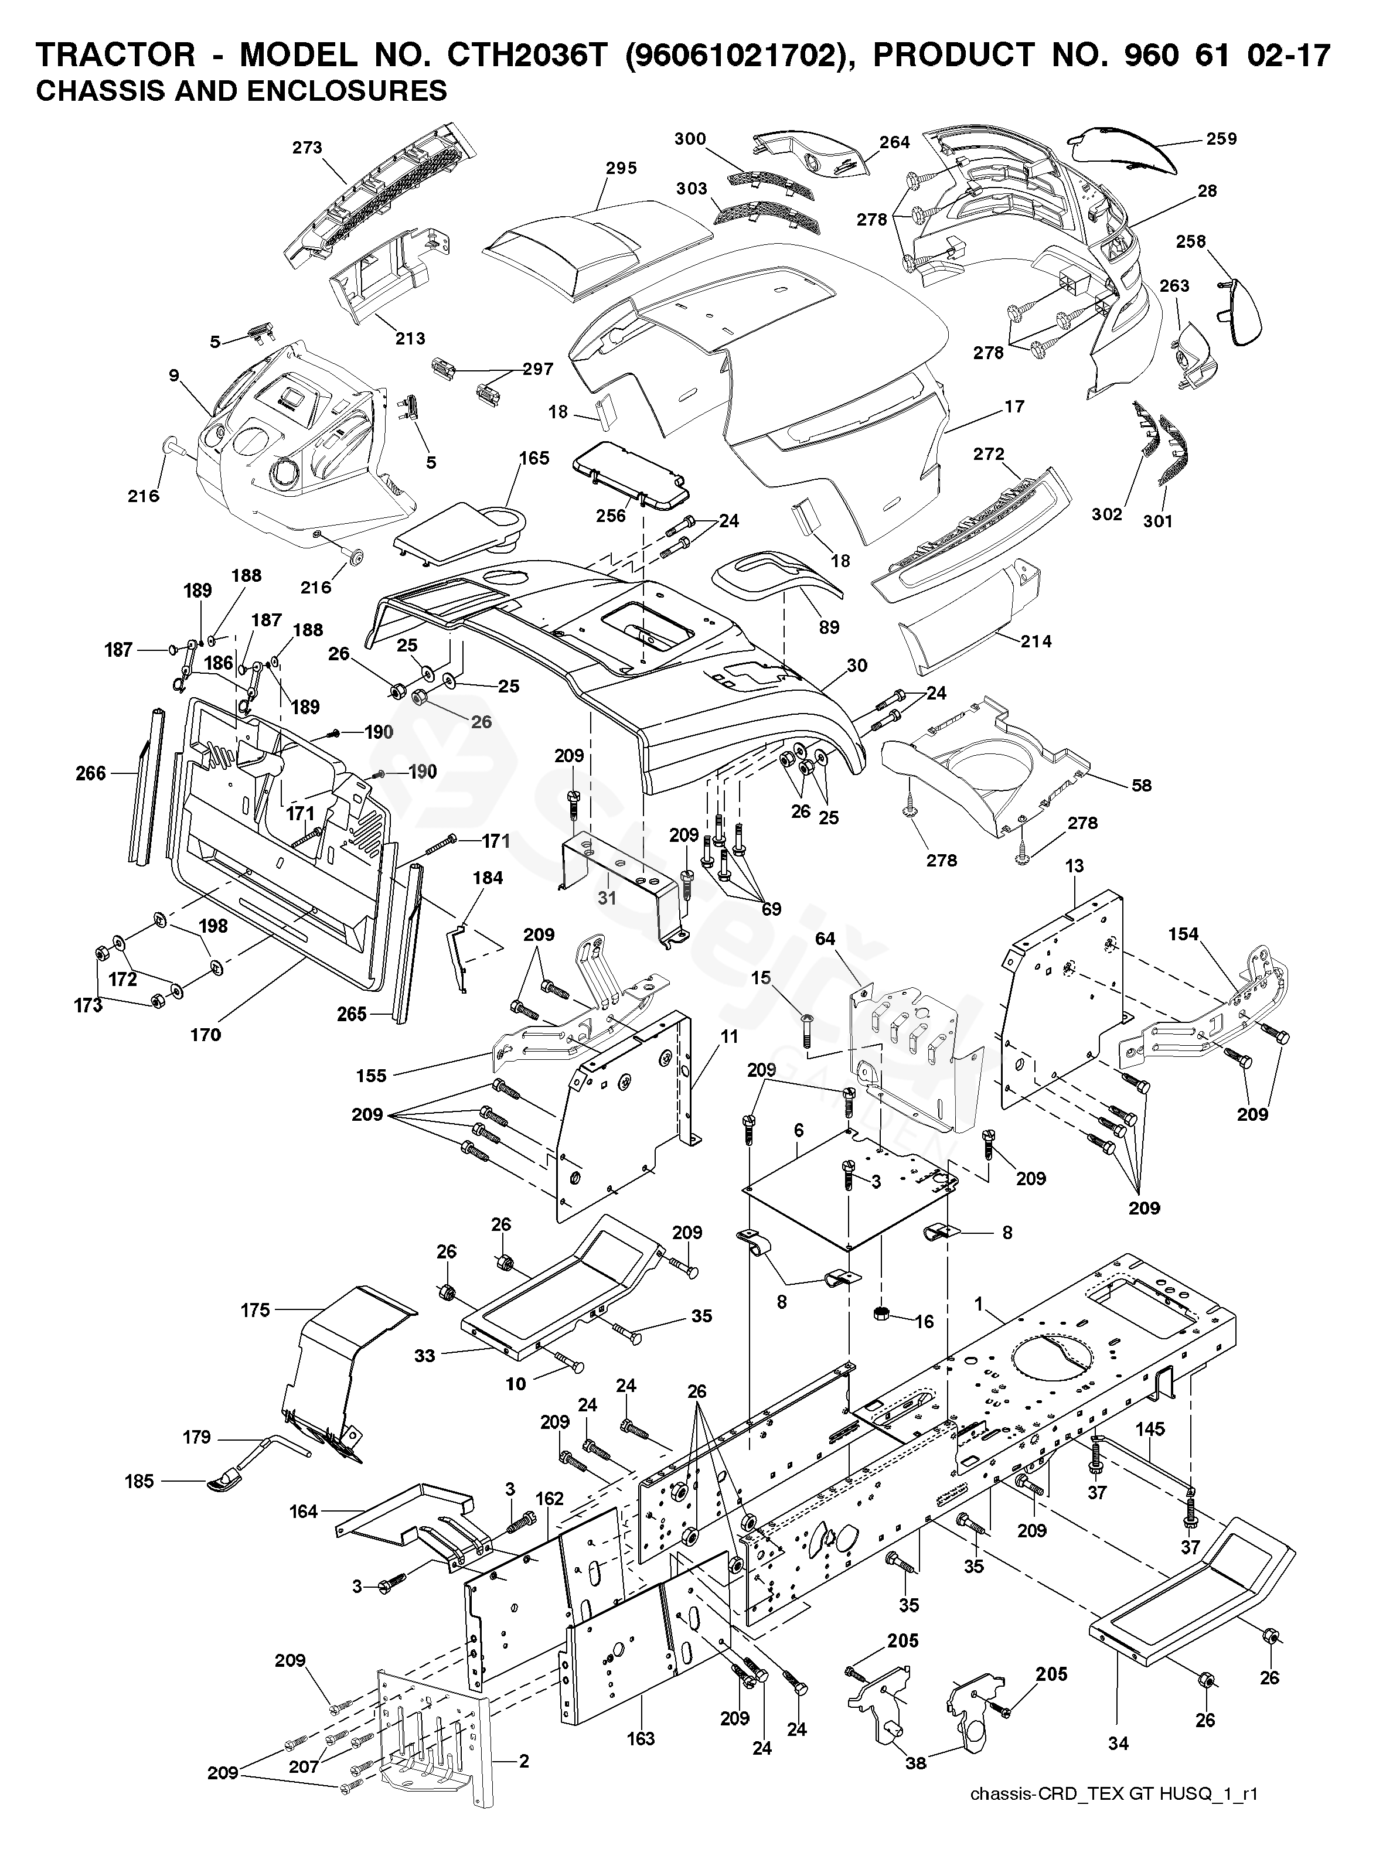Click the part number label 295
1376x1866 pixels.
pos(621,168)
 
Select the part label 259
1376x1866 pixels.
pos(1221,139)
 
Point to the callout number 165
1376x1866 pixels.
pos(534,458)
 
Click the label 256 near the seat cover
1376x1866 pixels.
pos(611,516)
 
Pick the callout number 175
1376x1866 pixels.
pos(256,1310)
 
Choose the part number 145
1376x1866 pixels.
pos(1150,1429)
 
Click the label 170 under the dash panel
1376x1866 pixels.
pos(206,1035)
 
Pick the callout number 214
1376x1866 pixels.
pos(1036,641)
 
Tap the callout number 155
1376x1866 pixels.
pos(372,1075)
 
